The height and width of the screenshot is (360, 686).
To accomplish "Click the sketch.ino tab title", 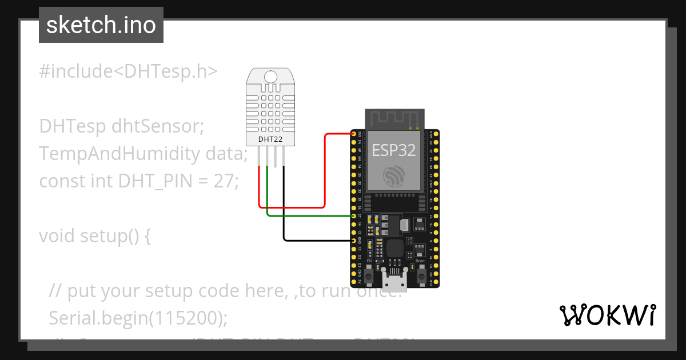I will coord(101,25).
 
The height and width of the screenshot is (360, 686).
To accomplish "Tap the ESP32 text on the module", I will coord(394,150).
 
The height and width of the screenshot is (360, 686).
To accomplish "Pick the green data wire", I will coord(309,216).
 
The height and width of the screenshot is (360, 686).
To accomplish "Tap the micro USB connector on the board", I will coord(395,281).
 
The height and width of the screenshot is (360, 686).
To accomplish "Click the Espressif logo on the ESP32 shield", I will coord(394,176).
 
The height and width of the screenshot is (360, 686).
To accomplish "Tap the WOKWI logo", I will coord(607,315).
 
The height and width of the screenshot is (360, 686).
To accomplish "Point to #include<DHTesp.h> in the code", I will coord(129,71).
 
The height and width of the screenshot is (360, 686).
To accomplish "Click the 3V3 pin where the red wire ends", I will coord(354,134).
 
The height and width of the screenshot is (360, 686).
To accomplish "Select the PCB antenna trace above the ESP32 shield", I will coord(394,118).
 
